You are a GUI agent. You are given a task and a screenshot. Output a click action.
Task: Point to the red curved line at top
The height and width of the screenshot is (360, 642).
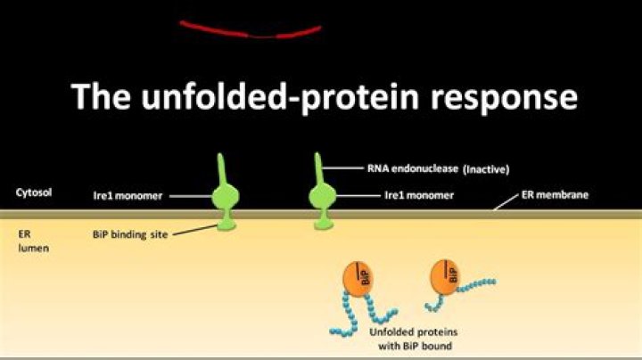[x=250, y=30]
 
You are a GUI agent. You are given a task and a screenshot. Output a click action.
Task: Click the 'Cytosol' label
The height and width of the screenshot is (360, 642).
[x=31, y=192]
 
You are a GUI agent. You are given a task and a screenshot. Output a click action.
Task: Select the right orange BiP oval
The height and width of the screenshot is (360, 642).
[x=444, y=279]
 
